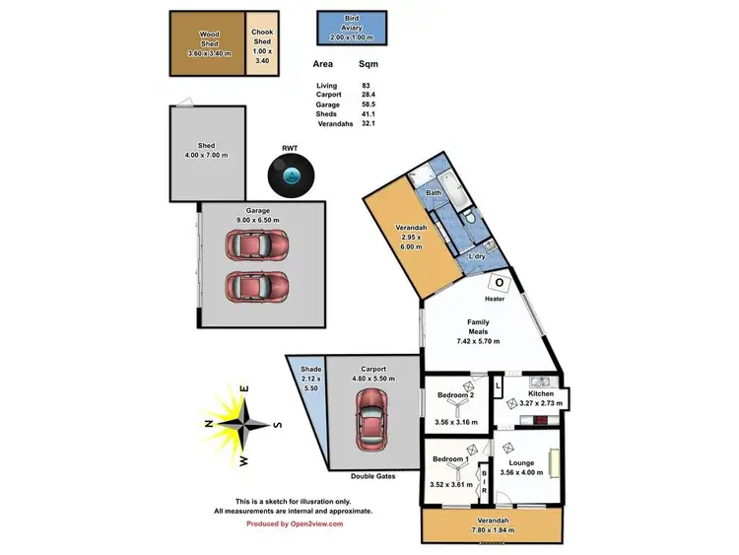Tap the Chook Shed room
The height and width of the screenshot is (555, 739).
click(x=261, y=44)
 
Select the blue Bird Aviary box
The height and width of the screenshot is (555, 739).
click(x=352, y=28)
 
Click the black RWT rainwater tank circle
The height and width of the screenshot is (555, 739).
click(x=291, y=176)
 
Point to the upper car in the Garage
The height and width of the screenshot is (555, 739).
click(x=256, y=243)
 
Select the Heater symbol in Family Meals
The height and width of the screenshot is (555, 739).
click(x=500, y=283)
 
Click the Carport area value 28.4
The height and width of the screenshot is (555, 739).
click(x=367, y=96)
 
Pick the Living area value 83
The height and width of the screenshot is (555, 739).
click(x=367, y=87)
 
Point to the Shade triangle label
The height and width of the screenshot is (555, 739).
click(x=310, y=369)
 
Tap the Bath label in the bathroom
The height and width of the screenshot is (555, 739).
click(x=433, y=193)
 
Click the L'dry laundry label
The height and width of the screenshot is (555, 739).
click(x=477, y=256)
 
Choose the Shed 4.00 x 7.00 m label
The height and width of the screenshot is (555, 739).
click(x=207, y=150)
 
